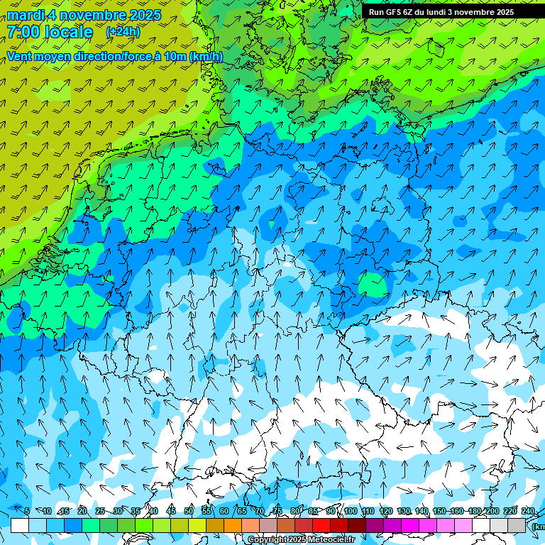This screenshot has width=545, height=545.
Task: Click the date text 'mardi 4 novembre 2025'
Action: (84, 15)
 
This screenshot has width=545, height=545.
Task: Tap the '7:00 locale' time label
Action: (50, 32)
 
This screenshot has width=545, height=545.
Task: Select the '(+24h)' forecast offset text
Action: (123, 32)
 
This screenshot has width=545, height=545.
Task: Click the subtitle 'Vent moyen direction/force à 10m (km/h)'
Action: (114, 56)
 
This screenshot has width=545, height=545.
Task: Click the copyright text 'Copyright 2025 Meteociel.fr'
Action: (301, 540)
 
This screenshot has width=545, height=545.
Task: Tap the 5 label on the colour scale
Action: (27, 512)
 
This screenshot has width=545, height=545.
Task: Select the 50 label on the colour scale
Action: (188, 512)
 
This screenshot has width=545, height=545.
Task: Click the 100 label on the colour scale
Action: (350, 512)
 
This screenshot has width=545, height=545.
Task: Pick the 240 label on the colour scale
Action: (527, 512)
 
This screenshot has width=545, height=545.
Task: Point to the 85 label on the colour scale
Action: (313, 512)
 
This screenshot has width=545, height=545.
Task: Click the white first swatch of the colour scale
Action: (20, 525)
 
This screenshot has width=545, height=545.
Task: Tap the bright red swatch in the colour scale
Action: (321, 525)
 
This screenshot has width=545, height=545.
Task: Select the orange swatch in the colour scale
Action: (233, 525)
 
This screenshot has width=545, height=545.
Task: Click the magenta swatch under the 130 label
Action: (410, 525)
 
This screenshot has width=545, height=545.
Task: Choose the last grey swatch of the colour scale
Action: (517, 525)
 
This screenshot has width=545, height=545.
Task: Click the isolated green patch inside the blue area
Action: (372, 284)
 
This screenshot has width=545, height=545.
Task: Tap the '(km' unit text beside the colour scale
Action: (538, 527)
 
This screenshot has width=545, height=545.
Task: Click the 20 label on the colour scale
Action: (82, 512)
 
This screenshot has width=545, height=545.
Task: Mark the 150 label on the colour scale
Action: (439, 512)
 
